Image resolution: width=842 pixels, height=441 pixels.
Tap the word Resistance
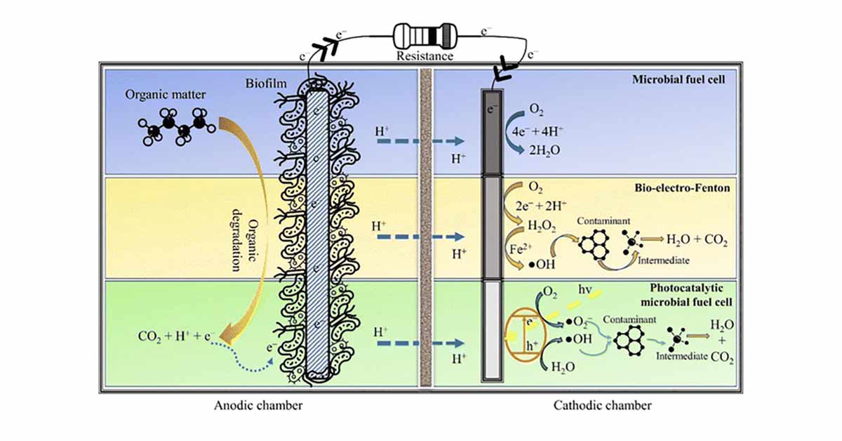pyautogui.click(x=425, y=56)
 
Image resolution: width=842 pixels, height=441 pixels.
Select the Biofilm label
pyautogui.click(x=266, y=84)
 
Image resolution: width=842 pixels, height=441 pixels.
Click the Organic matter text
pyautogui.click(x=166, y=94)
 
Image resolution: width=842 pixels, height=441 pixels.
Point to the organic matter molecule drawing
pyautogui.click(x=177, y=127)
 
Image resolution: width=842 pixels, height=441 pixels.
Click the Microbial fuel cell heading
pyautogui.click(x=679, y=79)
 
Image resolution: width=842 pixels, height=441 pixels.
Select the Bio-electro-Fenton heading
pyautogui.click(x=682, y=187)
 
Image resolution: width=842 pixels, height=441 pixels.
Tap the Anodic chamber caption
pyautogui.click(x=258, y=405)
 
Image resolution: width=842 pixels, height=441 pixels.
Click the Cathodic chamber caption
pyautogui.click(x=603, y=405)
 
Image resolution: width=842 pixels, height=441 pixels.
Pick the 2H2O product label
pyautogui.click(x=544, y=150)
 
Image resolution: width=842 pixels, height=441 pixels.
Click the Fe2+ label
pyautogui.click(x=521, y=249)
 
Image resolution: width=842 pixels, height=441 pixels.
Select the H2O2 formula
pyautogui.click(x=542, y=226)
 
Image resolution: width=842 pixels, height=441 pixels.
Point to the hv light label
pyautogui.click(x=585, y=289)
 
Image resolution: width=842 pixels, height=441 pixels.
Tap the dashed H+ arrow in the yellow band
pyautogui.click(x=420, y=237)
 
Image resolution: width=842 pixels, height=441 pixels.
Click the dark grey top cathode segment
pyautogui.click(x=492, y=132)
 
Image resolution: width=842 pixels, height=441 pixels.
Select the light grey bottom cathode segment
pyautogui.click(x=492, y=331)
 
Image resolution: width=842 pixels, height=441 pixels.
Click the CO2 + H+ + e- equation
pyautogui.click(x=176, y=336)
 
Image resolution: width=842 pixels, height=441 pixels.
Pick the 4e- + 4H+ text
pyautogui.click(x=537, y=131)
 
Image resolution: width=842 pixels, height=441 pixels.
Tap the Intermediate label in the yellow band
pyautogui.click(x=664, y=261)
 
